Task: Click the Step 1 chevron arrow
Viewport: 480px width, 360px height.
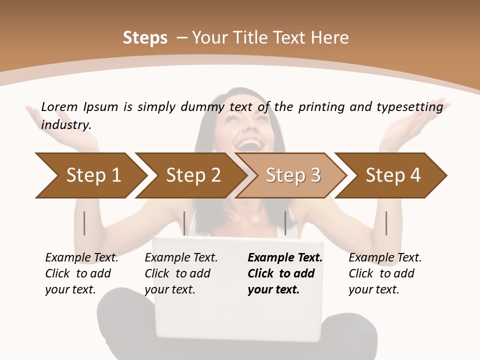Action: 93,175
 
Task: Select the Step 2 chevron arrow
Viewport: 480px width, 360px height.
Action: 193,175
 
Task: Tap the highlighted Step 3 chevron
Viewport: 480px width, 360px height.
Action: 293,175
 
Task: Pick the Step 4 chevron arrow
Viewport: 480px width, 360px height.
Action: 393,175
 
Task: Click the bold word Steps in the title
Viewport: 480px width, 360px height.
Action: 145,38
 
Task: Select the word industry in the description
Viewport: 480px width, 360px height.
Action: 66,125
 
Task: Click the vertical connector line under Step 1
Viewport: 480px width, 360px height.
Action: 84,223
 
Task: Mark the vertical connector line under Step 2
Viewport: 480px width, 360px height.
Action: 184,223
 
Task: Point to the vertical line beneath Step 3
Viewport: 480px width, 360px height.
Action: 285,223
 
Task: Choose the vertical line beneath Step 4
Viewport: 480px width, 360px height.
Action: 386,223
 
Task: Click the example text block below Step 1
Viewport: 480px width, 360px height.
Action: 81,273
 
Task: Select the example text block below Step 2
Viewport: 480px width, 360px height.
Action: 181,273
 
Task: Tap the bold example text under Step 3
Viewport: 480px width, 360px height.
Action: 285,273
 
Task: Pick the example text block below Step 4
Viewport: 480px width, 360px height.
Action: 385,273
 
